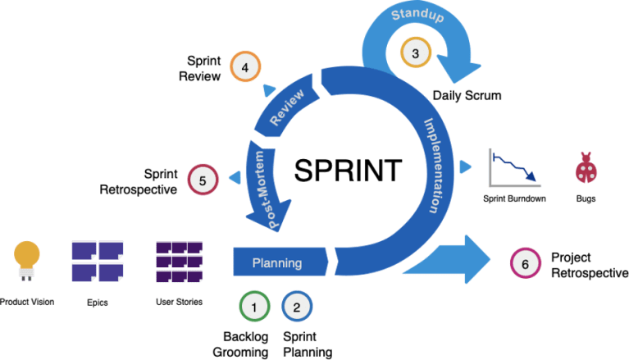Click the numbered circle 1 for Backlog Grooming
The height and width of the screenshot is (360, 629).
[255, 308]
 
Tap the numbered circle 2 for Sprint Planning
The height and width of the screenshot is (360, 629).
[297, 308]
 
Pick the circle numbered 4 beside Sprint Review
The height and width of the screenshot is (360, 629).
[244, 67]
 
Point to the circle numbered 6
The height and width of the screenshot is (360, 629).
[525, 263]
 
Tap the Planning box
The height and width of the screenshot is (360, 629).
[276, 263]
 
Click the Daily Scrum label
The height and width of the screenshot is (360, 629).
[466, 95]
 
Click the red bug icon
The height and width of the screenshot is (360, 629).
[586, 168]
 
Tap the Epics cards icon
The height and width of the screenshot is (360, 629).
[97, 262]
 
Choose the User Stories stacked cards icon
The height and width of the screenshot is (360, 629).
[179, 262]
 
